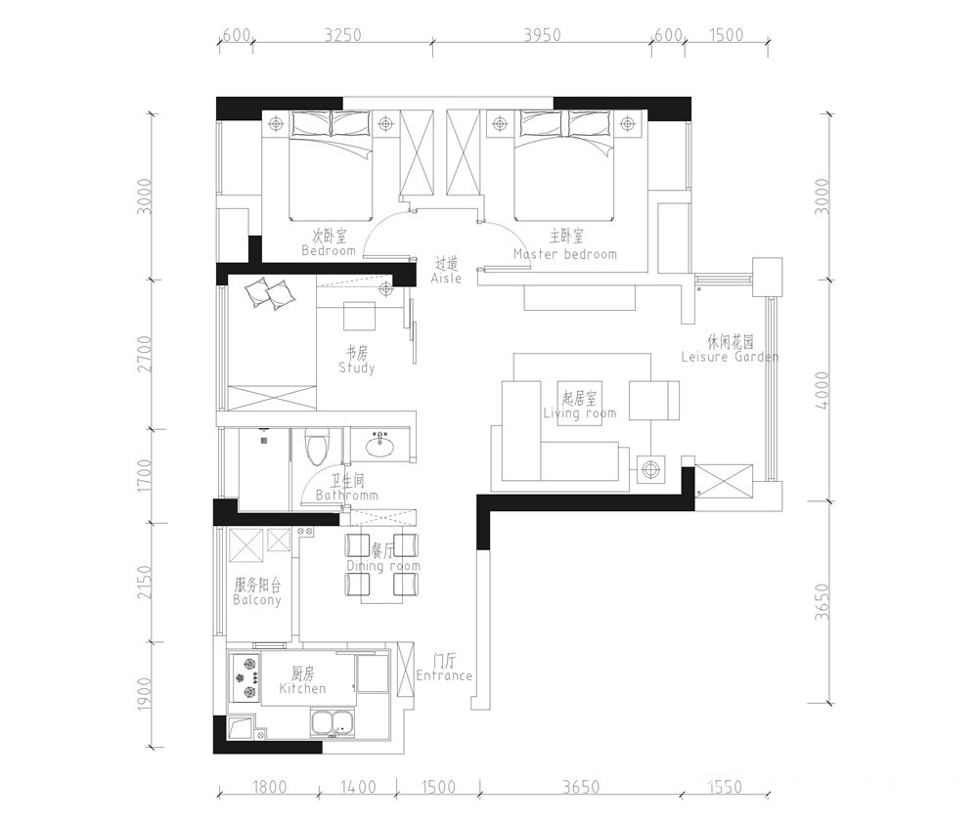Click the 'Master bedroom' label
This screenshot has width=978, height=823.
coord(565,254)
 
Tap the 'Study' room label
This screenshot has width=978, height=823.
coord(357,368)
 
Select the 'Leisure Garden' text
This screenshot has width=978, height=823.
coord(730,357)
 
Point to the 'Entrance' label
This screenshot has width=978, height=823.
coord(444,675)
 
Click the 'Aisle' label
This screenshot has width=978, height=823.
coord(446,278)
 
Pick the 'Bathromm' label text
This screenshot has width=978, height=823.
coord(347,495)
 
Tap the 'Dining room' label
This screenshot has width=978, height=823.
coord(383,566)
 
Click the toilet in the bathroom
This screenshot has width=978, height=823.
coord(317,448)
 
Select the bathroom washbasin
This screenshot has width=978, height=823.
coord(379,445)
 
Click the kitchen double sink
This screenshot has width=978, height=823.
coord(333,723)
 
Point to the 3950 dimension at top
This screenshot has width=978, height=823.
coord(542,35)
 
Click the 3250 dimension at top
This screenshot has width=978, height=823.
coord(342,35)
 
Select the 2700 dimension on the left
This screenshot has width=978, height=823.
coord(144,354)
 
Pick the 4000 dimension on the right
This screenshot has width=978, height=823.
coord(822,390)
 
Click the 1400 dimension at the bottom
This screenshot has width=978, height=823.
coord(358,787)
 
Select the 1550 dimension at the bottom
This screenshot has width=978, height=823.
coord(725,787)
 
